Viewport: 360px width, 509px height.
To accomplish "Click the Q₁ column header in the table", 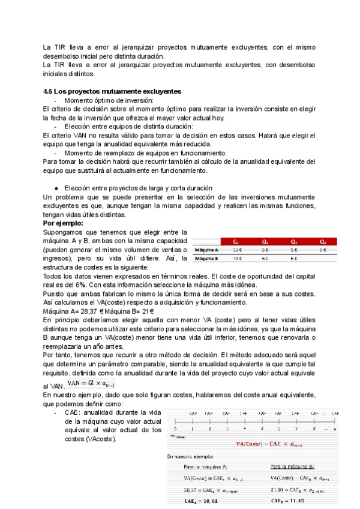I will click(x=265, y=241).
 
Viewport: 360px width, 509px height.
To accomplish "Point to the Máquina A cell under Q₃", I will click(x=323, y=250).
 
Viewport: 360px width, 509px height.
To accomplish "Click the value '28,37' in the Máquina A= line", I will click(x=82, y=312).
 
